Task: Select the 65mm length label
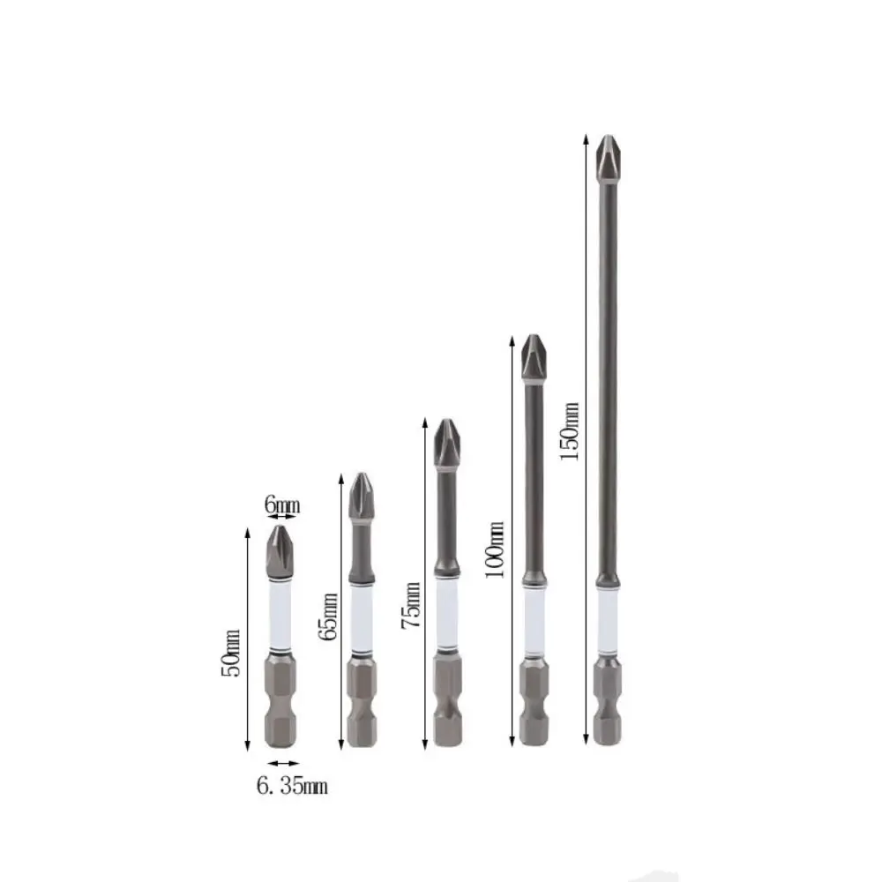point(330,617)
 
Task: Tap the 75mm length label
point(410,605)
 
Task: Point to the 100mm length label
point(496,549)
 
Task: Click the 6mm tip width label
point(282,505)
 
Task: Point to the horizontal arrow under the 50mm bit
point(283,764)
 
